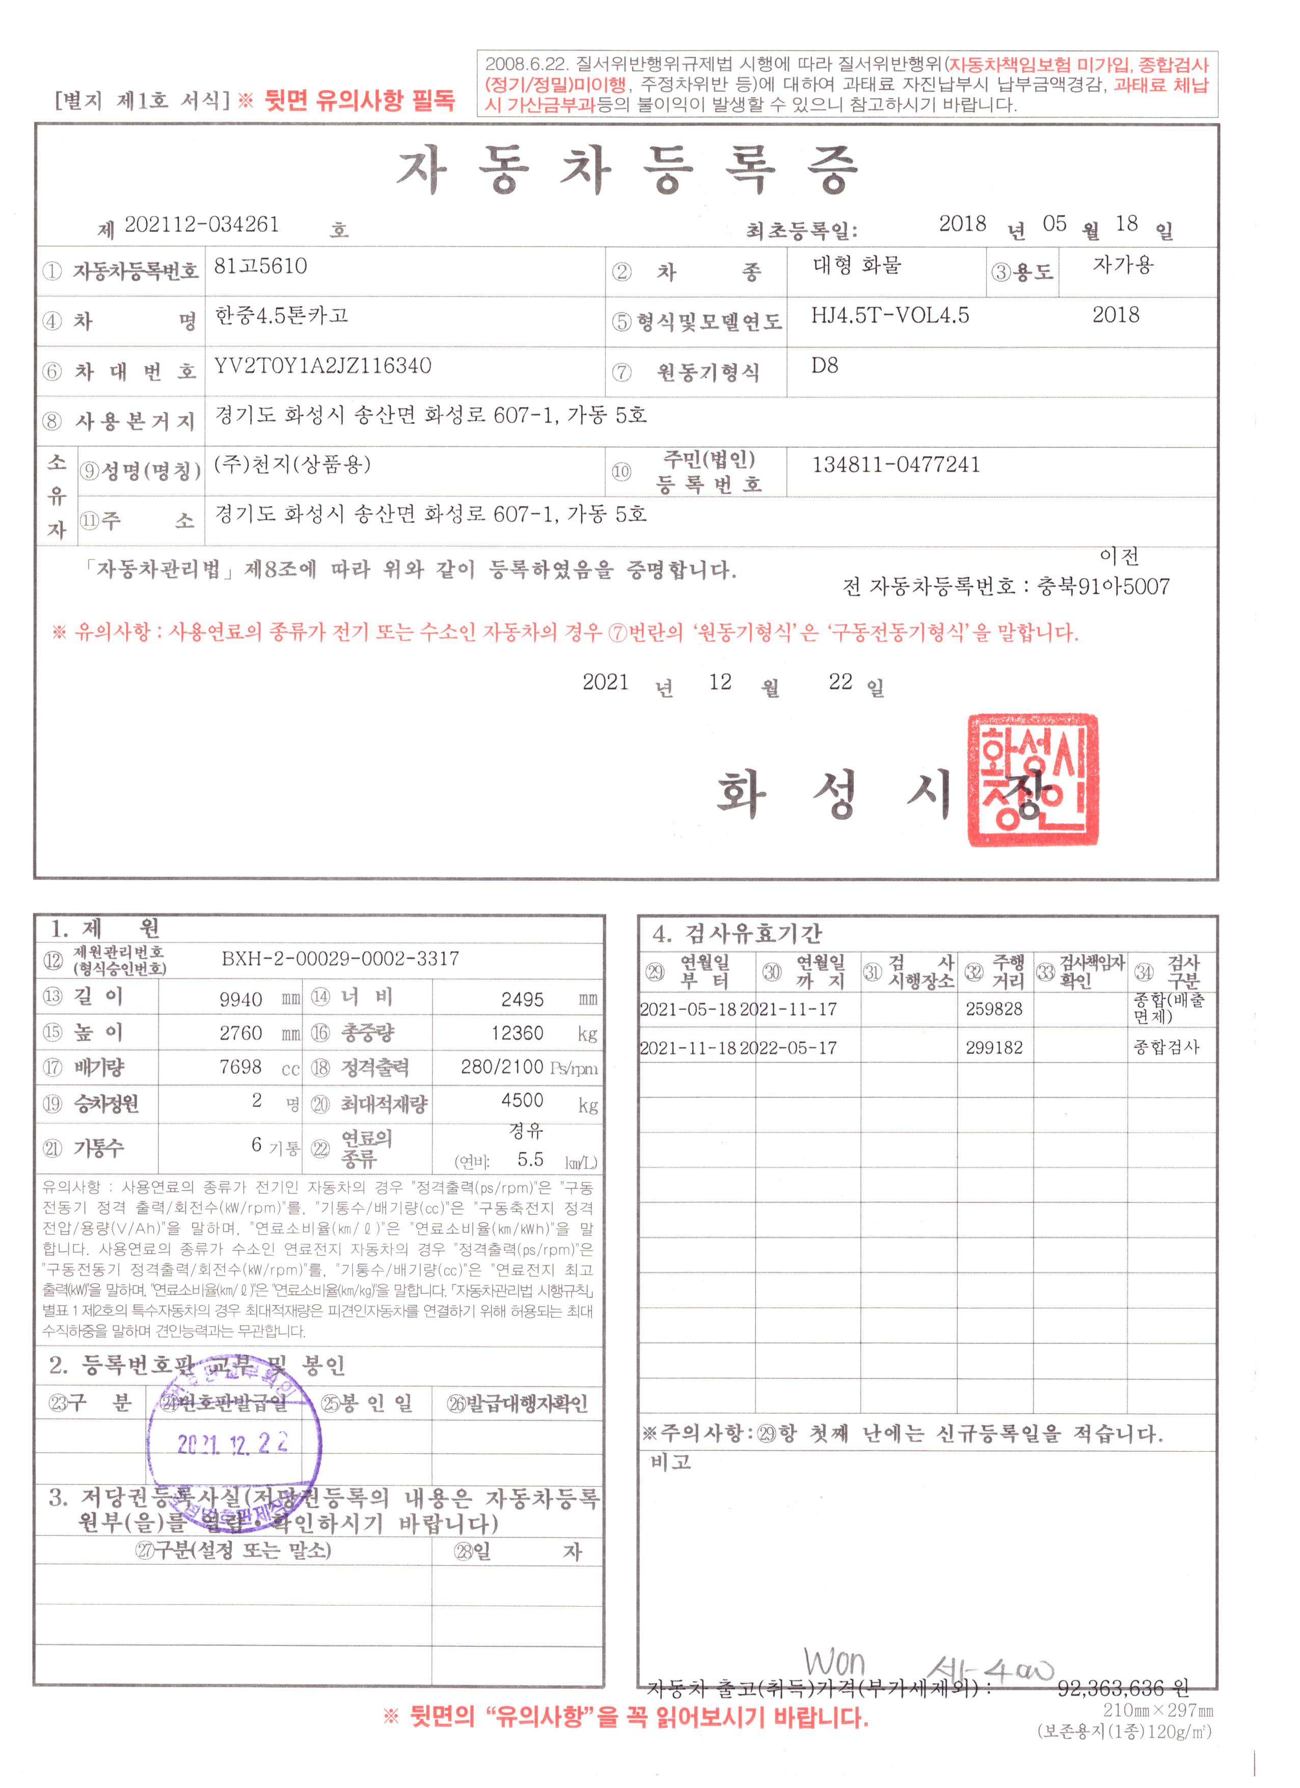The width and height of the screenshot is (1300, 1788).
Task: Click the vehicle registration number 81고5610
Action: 260,266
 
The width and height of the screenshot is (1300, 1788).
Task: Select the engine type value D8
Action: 825,366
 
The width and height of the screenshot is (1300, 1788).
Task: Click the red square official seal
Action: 1032,780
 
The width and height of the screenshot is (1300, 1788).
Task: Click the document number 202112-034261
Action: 202,225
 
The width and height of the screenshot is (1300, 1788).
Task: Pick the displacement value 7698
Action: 240,1067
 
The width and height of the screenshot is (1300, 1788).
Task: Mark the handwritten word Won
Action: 834,1663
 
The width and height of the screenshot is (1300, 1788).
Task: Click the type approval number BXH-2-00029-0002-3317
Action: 340,959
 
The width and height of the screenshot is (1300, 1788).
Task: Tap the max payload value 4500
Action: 522,1100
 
